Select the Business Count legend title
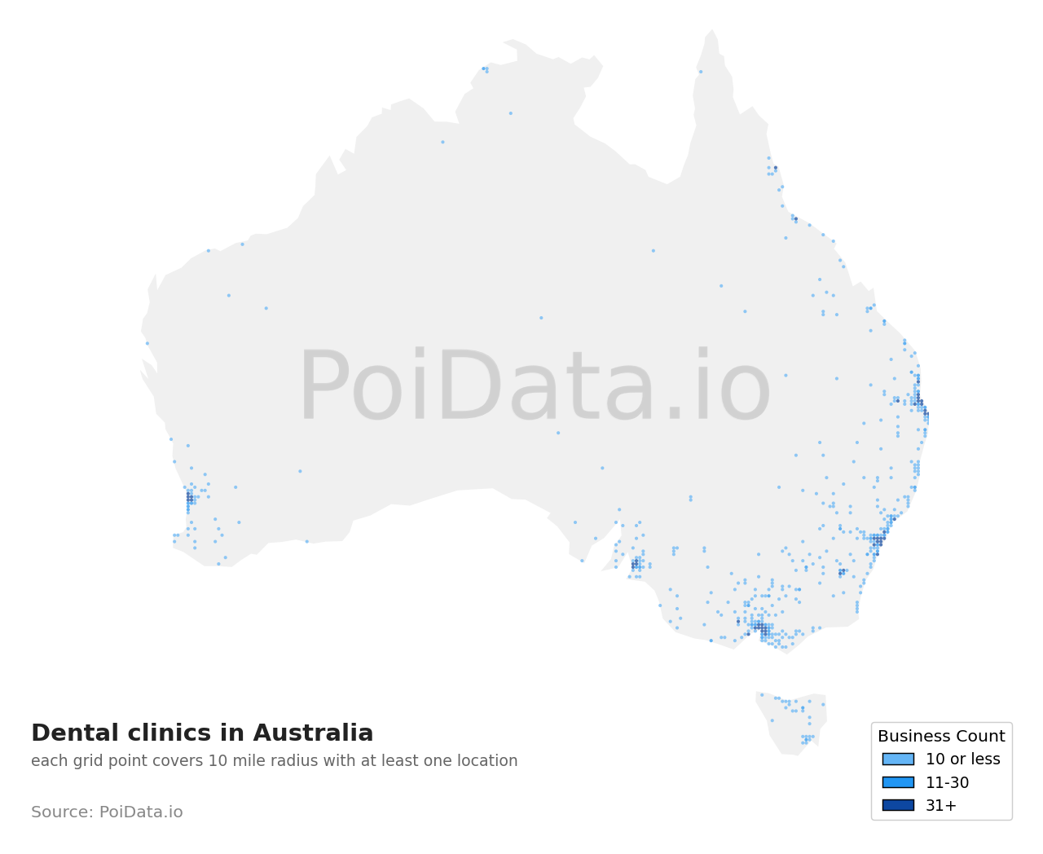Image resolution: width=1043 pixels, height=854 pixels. tap(941, 737)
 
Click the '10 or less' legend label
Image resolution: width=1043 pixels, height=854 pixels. tap(962, 759)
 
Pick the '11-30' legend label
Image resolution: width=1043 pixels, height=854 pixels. tap(947, 783)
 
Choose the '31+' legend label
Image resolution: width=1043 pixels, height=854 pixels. tap(941, 806)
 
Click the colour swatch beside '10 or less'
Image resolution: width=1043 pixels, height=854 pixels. tap(898, 759)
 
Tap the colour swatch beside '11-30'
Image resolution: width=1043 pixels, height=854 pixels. tap(898, 782)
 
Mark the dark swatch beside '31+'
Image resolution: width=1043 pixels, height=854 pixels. tap(898, 805)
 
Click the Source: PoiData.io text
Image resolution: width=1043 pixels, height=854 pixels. tap(107, 812)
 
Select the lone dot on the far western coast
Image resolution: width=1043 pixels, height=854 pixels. tap(147, 343)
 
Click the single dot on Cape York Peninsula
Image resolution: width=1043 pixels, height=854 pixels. tap(701, 72)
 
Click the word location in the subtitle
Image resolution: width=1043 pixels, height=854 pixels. tap(486, 761)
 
